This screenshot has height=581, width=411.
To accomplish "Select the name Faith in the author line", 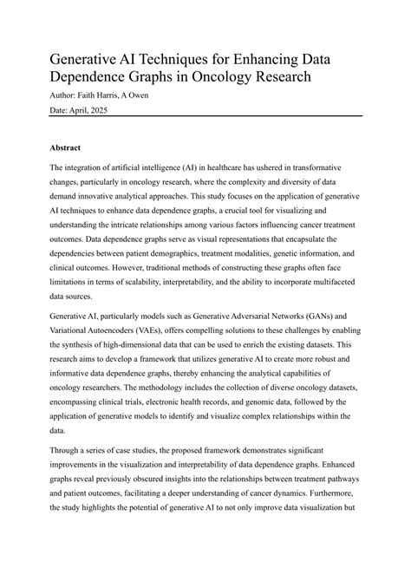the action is [90, 95].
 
